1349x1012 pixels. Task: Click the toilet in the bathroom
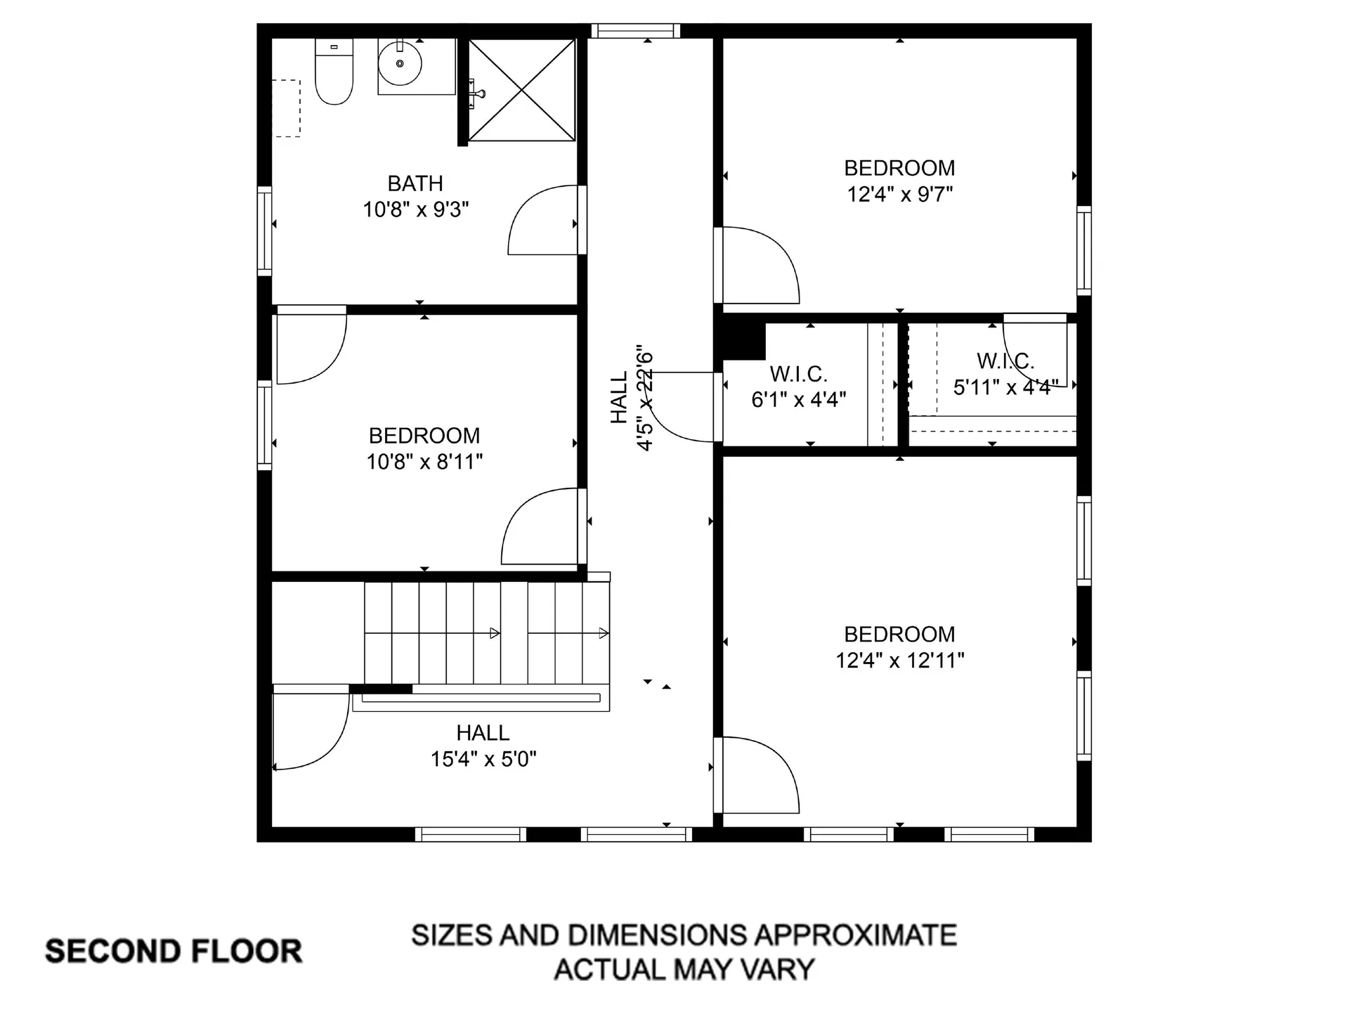pyautogui.click(x=334, y=74)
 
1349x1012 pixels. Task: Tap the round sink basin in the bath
pyautogui.click(x=400, y=63)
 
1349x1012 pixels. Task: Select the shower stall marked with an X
pyautogui.click(x=522, y=90)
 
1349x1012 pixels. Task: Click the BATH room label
pyautogui.click(x=415, y=183)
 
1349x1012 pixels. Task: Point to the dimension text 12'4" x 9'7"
pyautogui.click(x=899, y=195)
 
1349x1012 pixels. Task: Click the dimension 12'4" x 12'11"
pyautogui.click(x=899, y=661)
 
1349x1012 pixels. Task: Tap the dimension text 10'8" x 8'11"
pyautogui.click(x=424, y=462)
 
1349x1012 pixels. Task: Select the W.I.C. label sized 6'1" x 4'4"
pyautogui.click(x=798, y=373)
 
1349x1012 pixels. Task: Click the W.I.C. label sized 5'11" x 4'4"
pyautogui.click(x=1005, y=361)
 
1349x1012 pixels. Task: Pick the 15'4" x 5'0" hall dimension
pyautogui.click(x=483, y=759)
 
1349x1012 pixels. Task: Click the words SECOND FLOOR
pyautogui.click(x=174, y=951)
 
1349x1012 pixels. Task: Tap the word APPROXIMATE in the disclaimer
pyautogui.click(x=855, y=935)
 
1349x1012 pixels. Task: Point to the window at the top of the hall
pyautogui.click(x=635, y=31)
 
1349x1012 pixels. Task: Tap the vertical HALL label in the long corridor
pyautogui.click(x=618, y=398)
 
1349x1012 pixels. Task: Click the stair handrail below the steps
pyautogui.click(x=481, y=699)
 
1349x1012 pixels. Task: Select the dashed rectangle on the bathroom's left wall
pyautogui.click(x=286, y=108)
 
